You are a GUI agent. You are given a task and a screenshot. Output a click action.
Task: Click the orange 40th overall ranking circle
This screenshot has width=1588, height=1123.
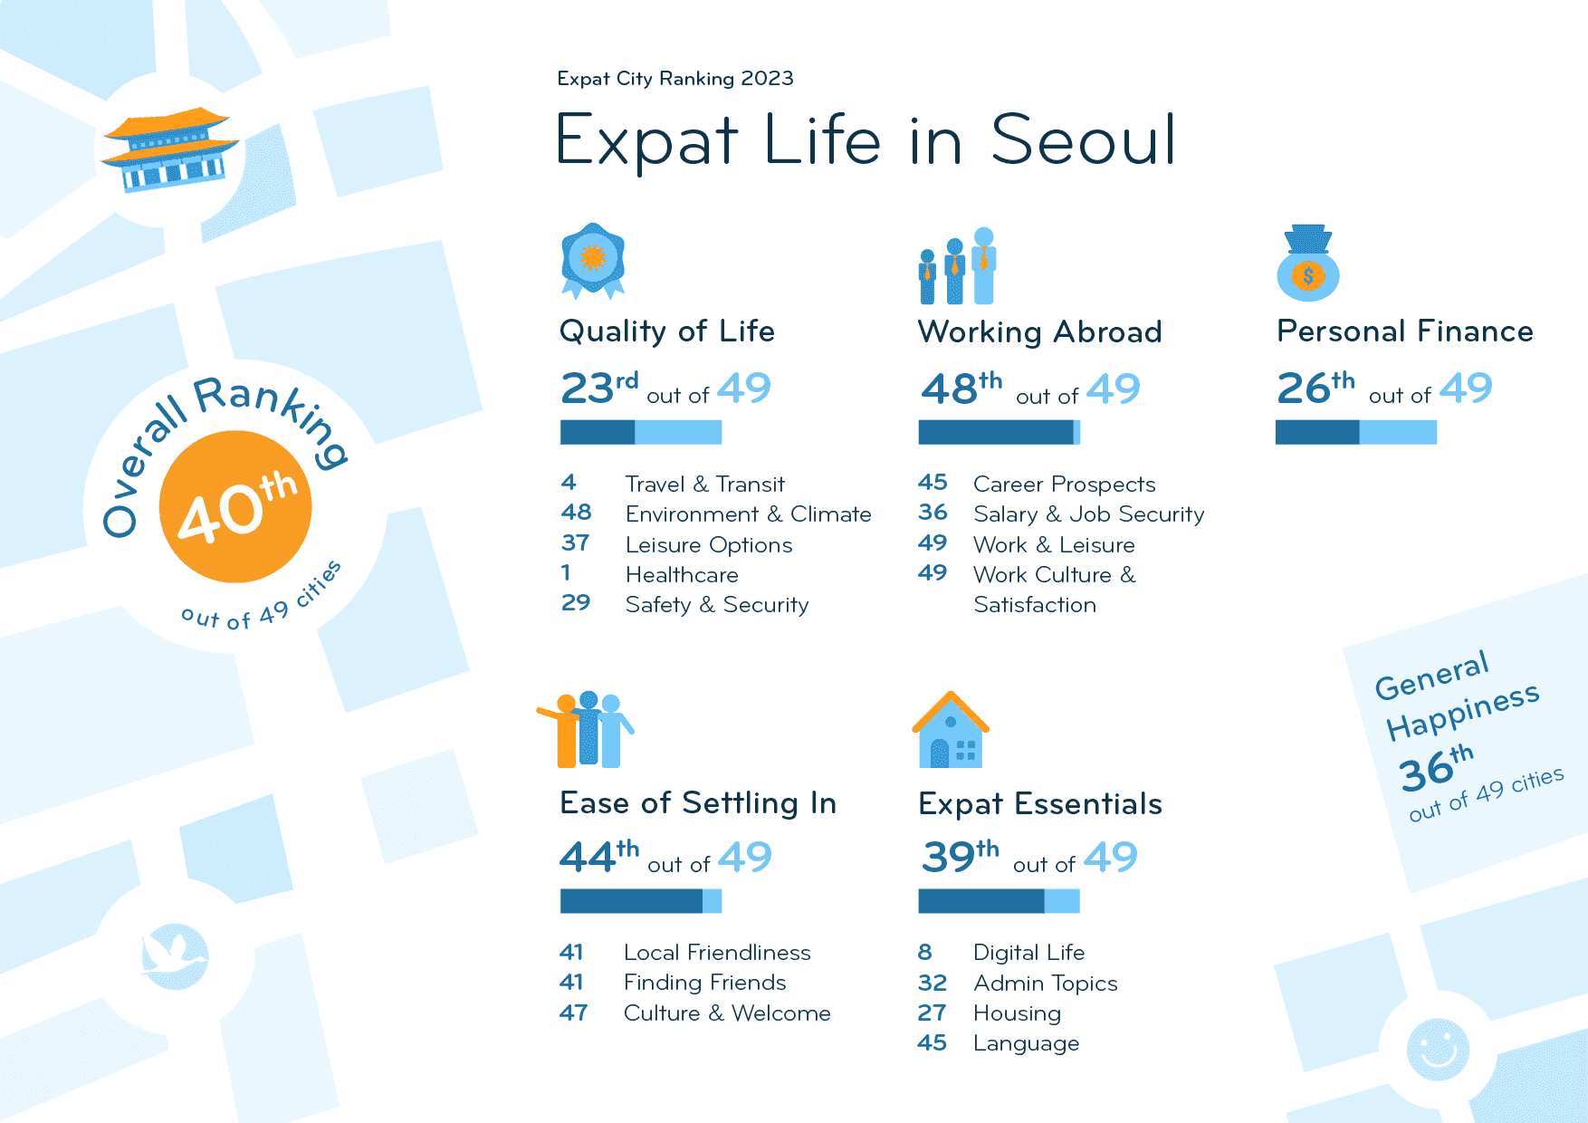(235, 506)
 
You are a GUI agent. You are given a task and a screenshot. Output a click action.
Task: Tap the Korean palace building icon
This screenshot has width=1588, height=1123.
(170, 149)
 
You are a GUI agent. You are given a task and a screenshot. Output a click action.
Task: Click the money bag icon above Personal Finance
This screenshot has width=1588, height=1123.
(1308, 264)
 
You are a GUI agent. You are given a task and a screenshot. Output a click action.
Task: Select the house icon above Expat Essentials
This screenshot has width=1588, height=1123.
(951, 731)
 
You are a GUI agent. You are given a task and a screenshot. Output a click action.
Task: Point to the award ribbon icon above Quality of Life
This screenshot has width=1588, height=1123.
(593, 261)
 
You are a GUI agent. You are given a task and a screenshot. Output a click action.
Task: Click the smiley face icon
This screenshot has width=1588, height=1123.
(1438, 1049)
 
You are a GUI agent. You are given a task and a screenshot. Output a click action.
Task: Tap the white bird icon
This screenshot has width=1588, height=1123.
(175, 956)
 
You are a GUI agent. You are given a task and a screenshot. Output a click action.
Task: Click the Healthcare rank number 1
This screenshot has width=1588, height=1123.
(566, 573)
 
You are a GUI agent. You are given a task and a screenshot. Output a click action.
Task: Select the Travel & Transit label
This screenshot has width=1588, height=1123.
(704, 485)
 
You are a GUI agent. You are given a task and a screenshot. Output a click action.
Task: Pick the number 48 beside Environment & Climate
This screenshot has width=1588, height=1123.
(576, 513)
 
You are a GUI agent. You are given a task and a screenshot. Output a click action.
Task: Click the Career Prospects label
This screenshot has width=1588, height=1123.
(1064, 485)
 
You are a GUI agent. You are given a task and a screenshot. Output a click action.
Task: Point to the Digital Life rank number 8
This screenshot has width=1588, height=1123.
(924, 952)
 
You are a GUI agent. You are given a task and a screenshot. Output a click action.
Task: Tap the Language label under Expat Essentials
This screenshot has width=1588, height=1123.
(1026, 1043)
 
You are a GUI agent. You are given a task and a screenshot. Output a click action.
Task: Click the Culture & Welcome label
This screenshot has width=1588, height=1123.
(726, 1013)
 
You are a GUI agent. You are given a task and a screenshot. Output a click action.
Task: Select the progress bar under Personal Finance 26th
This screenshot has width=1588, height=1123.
(1355, 432)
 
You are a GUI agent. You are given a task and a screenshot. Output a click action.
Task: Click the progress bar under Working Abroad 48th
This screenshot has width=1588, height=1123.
(999, 432)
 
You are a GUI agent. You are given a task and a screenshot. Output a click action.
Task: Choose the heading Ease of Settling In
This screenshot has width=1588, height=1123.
(697, 803)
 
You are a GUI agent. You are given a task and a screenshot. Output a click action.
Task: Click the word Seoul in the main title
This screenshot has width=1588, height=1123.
(1083, 140)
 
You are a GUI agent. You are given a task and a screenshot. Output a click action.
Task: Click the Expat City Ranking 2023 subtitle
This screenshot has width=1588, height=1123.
(675, 79)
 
